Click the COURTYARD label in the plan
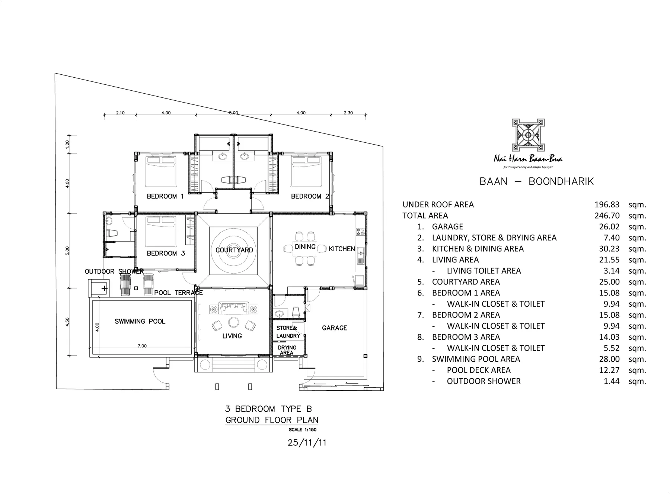click(x=234, y=250)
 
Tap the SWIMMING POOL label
click(x=140, y=322)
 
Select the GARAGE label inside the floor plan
click(x=334, y=328)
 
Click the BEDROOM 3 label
click(x=166, y=254)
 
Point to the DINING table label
click(x=305, y=247)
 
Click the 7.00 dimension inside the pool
click(x=142, y=346)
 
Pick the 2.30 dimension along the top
click(x=348, y=113)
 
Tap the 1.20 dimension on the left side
click(x=67, y=144)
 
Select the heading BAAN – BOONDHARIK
click(x=536, y=181)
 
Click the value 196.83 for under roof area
click(x=607, y=205)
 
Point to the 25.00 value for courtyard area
click(x=609, y=282)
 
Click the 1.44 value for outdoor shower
click(x=611, y=381)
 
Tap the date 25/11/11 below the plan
click(x=307, y=443)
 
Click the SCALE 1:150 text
click(x=302, y=430)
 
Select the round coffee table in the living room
click(x=234, y=322)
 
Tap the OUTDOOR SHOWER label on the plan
click(x=114, y=272)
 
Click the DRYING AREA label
click(x=287, y=350)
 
